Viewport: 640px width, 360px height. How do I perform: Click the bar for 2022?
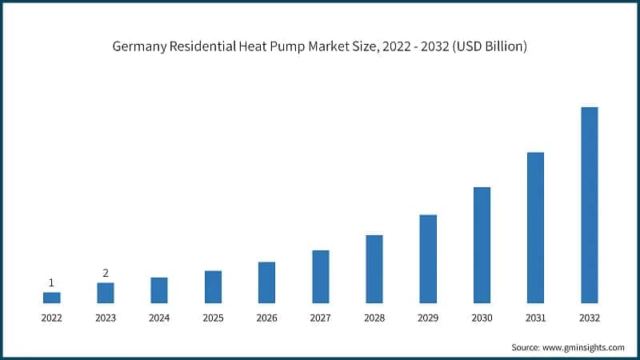(x=51, y=298)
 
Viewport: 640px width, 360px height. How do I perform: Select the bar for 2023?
(x=106, y=293)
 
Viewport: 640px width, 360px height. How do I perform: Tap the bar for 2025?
(x=213, y=286)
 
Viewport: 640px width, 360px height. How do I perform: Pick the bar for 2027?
(x=320, y=277)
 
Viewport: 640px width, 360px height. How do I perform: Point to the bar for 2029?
(x=428, y=258)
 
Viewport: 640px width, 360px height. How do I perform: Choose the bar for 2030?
(x=482, y=245)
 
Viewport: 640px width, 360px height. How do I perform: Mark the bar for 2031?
(x=535, y=227)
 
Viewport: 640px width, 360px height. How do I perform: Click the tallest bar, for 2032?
(x=589, y=205)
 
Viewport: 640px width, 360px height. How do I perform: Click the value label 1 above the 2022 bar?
(x=51, y=282)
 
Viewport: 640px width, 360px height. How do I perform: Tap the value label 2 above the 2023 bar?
(x=106, y=273)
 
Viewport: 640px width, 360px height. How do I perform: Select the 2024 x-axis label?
(x=159, y=318)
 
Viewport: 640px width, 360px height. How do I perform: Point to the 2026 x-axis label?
(x=266, y=318)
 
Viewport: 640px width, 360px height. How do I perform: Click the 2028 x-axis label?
(x=374, y=318)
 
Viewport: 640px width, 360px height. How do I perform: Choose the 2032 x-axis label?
(x=589, y=318)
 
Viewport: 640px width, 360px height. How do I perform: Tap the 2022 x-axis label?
(x=51, y=318)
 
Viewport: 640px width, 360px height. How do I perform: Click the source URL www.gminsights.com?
(x=584, y=347)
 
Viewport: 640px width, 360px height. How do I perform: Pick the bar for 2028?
(x=374, y=269)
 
